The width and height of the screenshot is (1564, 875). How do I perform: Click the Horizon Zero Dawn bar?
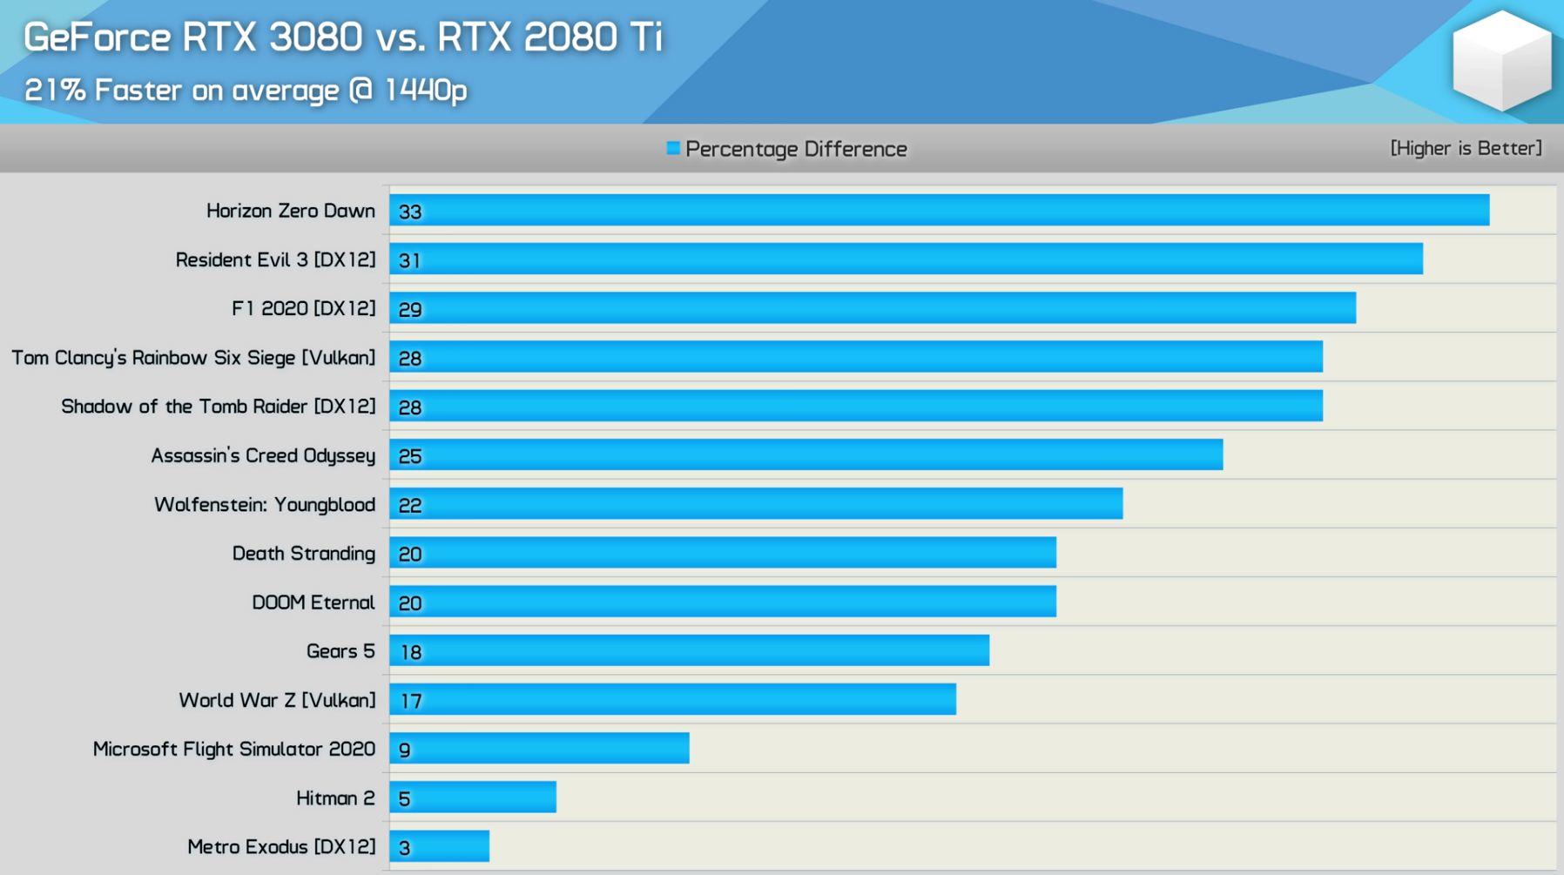click(x=939, y=211)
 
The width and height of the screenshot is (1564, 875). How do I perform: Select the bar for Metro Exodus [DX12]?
click(x=440, y=846)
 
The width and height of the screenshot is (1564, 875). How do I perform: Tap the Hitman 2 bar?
click(x=473, y=798)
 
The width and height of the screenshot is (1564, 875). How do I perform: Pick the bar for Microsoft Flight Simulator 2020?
click(x=539, y=749)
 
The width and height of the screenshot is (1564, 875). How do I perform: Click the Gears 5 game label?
click(x=340, y=651)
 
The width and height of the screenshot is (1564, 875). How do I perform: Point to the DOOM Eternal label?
click(x=313, y=602)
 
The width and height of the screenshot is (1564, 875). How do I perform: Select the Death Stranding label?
click(x=303, y=554)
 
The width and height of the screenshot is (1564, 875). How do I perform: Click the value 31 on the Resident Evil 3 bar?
click(x=410, y=260)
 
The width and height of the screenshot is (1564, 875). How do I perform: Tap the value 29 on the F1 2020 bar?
click(x=410, y=309)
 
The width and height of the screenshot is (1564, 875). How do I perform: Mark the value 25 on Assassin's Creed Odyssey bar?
click(x=410, y=456)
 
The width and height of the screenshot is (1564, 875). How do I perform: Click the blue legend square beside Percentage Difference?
click(x=673, y=148)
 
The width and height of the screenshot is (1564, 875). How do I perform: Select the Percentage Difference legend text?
click(x=796, y=149)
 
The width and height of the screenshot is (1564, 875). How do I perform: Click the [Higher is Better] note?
click(x=1466, y=148)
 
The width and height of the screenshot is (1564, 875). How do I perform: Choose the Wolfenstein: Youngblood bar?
click(x=756, y=504)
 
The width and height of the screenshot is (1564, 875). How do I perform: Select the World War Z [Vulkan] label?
click(x=277, y=700)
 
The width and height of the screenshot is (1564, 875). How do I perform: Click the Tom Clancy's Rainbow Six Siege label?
click(x=193, y=358)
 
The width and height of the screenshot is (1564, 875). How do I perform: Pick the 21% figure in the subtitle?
click(x=54, y=90)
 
